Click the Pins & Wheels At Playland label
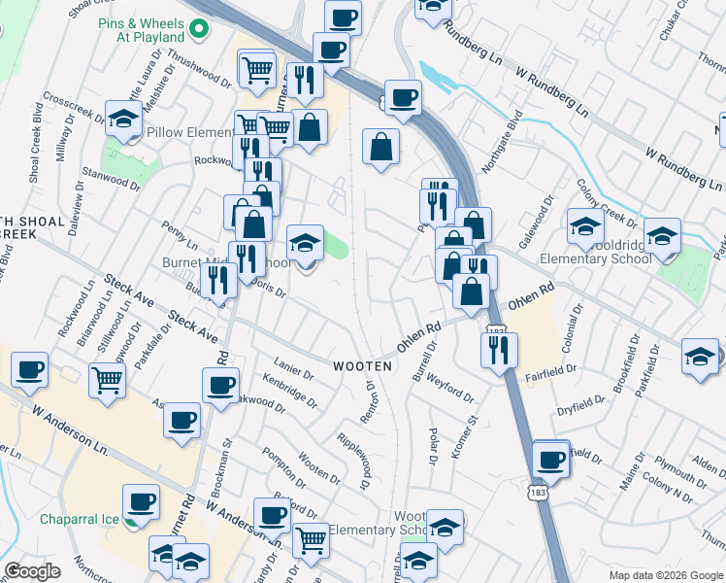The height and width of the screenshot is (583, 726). pyautogui.click(x=142, y=29)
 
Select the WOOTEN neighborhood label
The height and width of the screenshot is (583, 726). pyautogui.click(x=362, y=366)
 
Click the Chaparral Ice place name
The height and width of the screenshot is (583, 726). pyautogui.click(x=79, y=519)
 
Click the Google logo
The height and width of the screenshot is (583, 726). pyautogui.click(x=32, y=571)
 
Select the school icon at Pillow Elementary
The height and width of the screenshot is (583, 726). pyautogui.click(x=123, y=121)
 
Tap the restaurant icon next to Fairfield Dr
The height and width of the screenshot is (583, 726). pyautogui.click(x=499, y=351)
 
